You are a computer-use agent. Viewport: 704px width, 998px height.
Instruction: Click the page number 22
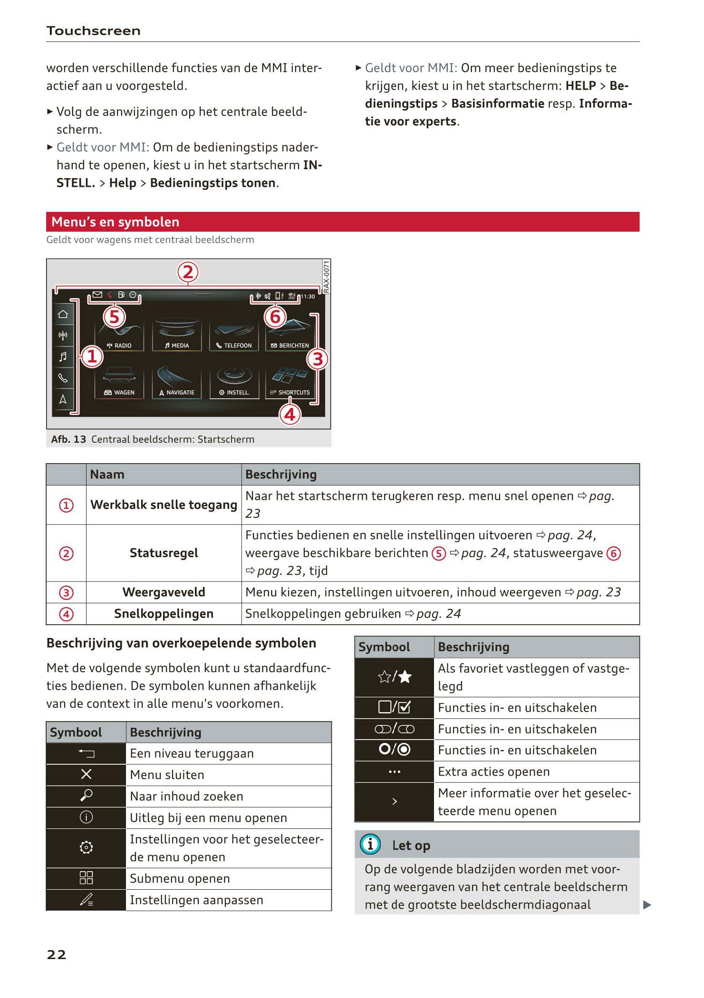coord(56,954)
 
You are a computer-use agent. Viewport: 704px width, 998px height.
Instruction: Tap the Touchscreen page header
coord(93,31)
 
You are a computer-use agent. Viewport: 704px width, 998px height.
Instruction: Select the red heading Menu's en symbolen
coord(116,222)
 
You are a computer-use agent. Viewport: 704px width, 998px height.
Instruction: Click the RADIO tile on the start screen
coord(119,336)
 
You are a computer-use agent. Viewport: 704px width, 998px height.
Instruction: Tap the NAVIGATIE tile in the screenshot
coord(177,382)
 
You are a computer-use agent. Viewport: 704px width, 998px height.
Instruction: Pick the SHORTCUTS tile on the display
coord(290,382)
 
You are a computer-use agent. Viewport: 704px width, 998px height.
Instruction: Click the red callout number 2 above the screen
coord(188,273)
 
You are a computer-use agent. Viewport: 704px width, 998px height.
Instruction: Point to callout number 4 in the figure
coord(289,415)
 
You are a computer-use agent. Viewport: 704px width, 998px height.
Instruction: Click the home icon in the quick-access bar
coord(63,314)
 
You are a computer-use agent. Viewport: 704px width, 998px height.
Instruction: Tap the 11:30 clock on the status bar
coord(308,296)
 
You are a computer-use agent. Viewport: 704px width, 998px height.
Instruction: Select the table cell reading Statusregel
coord(164,553)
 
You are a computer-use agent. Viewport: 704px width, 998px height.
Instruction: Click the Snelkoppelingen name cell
coord(164,614)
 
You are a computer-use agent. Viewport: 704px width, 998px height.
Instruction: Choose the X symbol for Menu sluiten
coord(86,775)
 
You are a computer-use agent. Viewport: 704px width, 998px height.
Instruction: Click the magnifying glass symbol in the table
coord(86,796)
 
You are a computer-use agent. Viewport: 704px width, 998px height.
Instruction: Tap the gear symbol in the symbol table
coord(86,847)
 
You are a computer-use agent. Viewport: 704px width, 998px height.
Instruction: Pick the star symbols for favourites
coord(395,677)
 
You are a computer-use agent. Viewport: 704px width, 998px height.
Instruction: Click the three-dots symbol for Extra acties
coord(395,772)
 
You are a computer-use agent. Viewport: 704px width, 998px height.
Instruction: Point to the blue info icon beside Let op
coord(370,844)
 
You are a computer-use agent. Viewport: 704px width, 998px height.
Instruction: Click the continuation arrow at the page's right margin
coord(647,905)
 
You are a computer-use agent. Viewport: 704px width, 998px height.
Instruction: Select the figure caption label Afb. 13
coord(68,439)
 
